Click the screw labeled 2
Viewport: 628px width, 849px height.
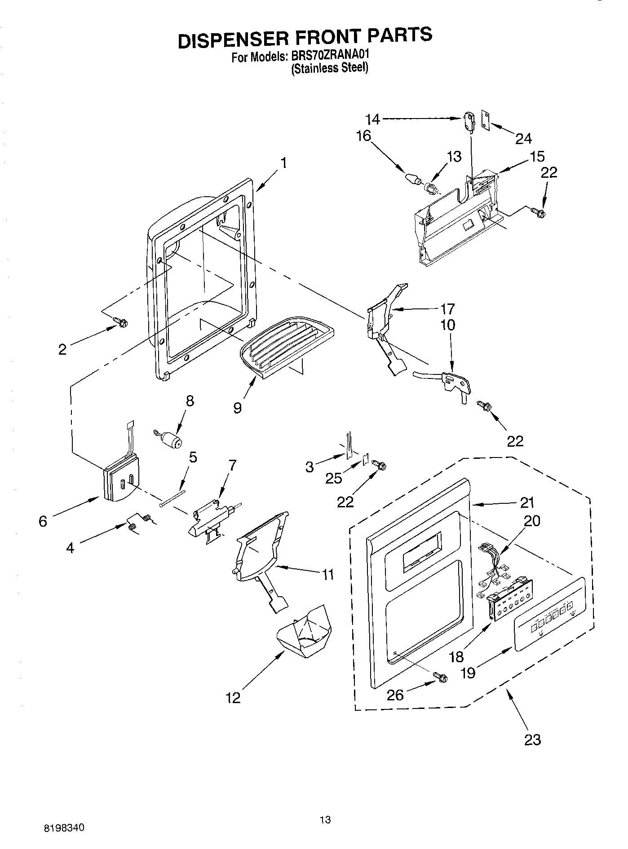(x=121, y=321)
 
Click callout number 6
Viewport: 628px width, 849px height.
(x=43, y=521)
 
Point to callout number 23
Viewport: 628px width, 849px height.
(x=532, y=739)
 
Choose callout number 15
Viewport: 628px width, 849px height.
(x=537, y=156)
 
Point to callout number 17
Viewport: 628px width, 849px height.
(x=447, y=309)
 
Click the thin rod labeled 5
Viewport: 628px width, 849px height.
(x=172, y=498)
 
